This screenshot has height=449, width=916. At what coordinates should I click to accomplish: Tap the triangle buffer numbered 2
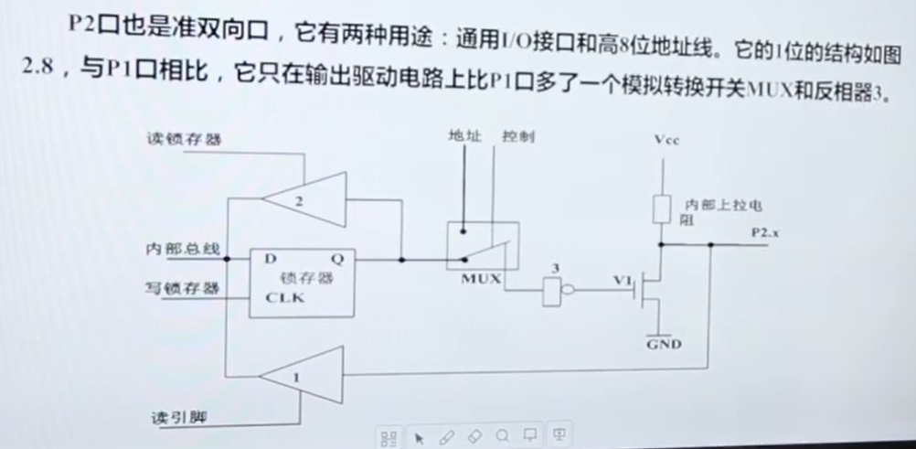(305, 197)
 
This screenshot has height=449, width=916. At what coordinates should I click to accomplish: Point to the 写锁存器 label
(183, 288)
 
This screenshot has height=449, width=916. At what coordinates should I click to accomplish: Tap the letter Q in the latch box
(337, 259)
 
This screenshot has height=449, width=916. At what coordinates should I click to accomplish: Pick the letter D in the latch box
(271, 259)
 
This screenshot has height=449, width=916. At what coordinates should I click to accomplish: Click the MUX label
(481, 279)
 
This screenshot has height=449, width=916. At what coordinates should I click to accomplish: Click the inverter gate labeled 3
(555, 292)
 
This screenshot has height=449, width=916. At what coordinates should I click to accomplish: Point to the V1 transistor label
(623, 281)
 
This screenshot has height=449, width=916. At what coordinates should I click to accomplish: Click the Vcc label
(667, 140)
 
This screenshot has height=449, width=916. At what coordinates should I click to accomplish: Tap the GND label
(664, 345)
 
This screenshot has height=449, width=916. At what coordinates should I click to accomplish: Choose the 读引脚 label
(177, 418)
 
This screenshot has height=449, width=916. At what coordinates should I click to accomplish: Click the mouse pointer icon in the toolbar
(420, 437)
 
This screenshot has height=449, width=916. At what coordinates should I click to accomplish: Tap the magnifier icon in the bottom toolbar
(503, 437)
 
